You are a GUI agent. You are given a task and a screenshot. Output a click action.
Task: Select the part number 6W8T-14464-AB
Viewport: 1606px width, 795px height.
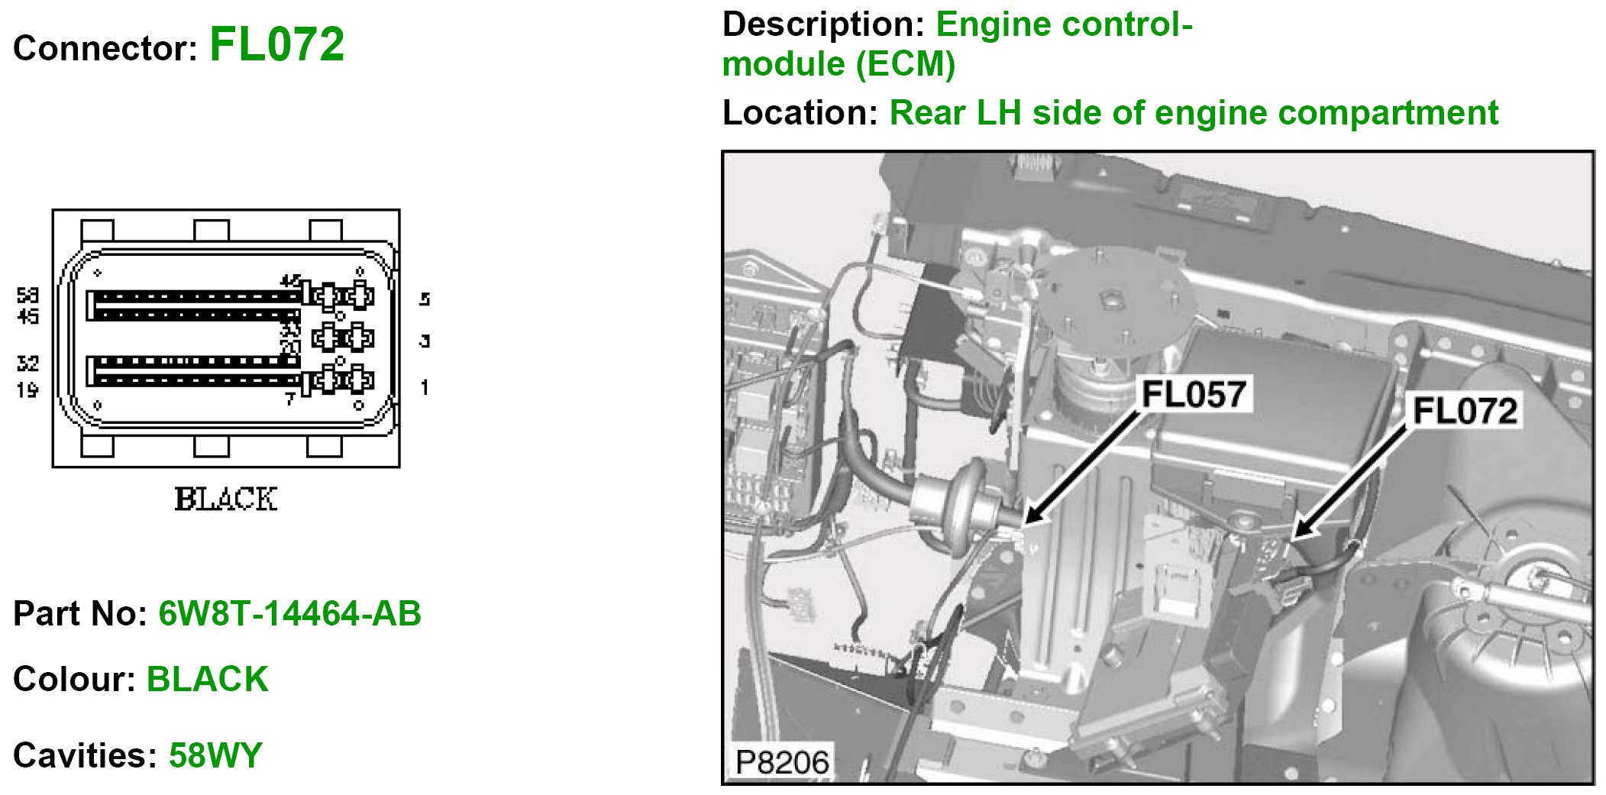point(289,613)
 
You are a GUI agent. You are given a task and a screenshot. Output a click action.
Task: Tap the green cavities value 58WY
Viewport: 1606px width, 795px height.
point(215,755)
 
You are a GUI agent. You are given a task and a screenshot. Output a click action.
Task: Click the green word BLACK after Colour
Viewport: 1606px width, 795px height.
point(207,679)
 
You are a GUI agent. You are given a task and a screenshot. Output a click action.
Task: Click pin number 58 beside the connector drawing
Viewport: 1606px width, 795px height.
point(28,295)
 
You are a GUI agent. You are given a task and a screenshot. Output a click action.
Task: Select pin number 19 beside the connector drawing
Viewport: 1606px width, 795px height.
point(27,390)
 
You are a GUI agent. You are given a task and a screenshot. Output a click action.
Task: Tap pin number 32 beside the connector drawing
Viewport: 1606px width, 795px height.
point(27,364)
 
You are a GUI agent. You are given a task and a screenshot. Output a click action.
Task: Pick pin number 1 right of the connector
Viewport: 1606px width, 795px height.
point(425,388)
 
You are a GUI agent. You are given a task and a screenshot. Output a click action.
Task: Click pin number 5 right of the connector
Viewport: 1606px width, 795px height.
point(425,299)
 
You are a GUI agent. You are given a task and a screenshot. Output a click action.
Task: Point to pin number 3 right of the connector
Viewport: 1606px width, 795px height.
point(425,341)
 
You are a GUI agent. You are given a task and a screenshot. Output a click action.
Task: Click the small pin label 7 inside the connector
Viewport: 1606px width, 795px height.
point(289,399)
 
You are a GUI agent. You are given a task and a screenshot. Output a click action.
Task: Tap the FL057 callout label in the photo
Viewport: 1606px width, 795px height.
point(1193,395)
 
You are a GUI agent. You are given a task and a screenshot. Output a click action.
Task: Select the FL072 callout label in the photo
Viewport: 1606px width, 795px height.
point(1464,411)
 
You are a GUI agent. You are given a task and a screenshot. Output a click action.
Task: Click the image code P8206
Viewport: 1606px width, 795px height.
point(781,762)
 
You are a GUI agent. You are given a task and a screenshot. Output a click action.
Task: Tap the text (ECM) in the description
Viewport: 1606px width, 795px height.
point(906,64)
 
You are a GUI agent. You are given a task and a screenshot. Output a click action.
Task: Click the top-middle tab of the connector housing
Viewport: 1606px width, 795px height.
point(212,230)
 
